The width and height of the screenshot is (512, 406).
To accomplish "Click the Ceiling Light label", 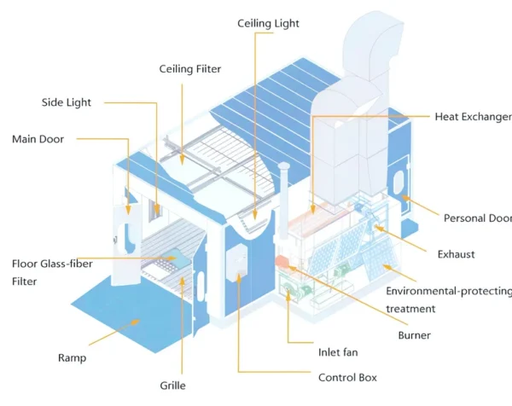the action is (268, 24).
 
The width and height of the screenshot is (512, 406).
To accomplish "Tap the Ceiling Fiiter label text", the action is (190, 69).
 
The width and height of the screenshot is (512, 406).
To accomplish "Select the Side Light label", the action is (67, 102).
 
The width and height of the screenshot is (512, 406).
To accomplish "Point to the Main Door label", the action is (38, 139).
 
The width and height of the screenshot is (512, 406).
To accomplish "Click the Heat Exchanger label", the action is (473, 117).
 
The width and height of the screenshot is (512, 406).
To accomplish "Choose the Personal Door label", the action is (478, 218).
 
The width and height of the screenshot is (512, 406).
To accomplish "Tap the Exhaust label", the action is (457, 254).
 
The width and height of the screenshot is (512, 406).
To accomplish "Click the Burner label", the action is (415, 335).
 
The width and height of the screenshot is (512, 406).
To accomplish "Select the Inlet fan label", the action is (338, 352).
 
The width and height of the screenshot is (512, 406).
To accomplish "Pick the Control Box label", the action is (347, 378).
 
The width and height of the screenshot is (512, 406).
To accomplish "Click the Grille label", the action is (172, 386).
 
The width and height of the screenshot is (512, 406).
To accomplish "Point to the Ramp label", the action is (73, 358).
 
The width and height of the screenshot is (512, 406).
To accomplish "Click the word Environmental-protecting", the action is (449, 291).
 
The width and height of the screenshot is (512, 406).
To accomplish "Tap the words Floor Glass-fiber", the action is (52, 264).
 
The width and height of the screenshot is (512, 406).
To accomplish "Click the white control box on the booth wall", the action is (236, 262).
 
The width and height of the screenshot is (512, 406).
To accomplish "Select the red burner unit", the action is (282, 261).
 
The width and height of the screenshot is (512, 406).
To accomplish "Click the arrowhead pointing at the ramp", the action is (135, 322).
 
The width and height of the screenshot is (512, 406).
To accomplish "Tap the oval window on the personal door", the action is (399, 183).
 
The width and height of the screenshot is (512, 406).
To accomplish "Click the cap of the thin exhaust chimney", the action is (284, 166).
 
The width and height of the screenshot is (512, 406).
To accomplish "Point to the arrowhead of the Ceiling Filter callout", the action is (183, 159).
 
